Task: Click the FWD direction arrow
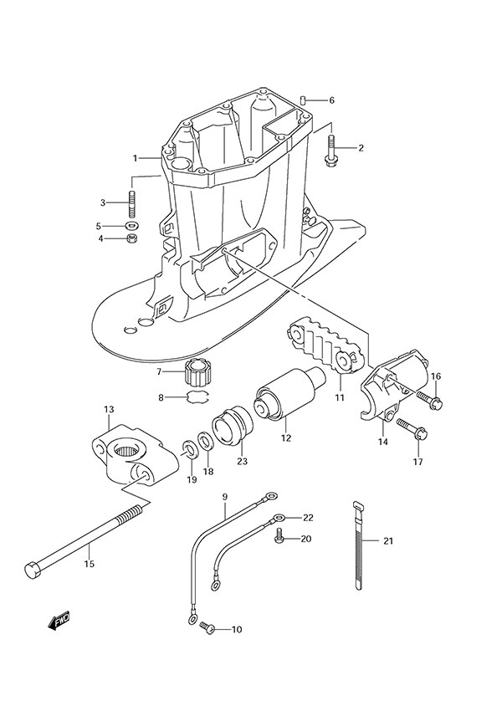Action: pos(59,620)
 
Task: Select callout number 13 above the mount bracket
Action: pos(109,409)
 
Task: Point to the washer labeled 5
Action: pos(131,226)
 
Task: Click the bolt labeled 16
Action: pos(433,402)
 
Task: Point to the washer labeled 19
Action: pos(189,449)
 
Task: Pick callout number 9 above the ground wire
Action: pos(225,498)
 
